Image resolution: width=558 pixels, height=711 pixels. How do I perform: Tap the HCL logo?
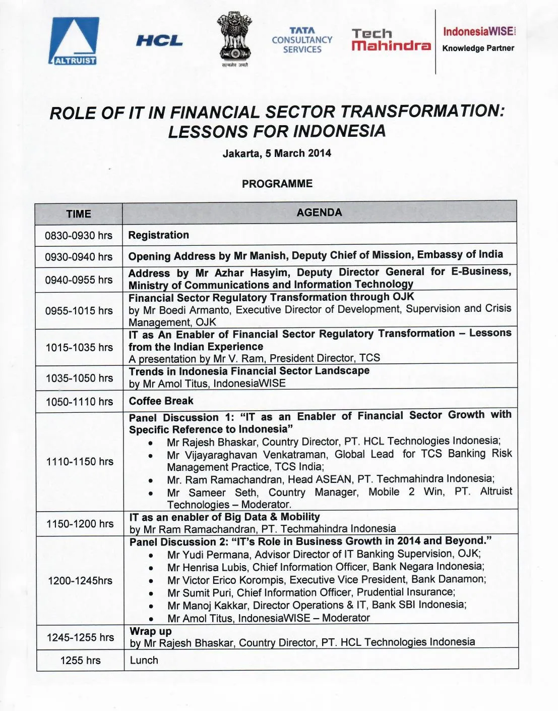point(159,41)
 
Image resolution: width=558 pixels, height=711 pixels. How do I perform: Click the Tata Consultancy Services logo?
point(302,40)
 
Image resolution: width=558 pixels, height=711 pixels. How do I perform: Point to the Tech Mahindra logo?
point(391,40)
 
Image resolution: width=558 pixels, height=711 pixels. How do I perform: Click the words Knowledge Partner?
point(478,48)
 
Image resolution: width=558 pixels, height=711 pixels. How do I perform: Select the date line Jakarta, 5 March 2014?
point(277,153)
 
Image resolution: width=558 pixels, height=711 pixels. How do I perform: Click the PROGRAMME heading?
point(277,184)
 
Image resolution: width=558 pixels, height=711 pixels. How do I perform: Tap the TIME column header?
point(79,214)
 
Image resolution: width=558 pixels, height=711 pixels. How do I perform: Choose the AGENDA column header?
point(319,212)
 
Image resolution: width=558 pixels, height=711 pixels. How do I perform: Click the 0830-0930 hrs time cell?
point(79,236)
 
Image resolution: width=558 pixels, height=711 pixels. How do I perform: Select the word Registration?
point(159,235)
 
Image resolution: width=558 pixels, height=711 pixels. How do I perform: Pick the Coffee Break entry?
point(161,401)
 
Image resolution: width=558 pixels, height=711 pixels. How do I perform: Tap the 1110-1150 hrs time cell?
point(80,461)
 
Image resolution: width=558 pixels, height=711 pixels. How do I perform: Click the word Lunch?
point(144,660)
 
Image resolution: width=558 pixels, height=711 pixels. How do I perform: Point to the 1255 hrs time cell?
point(80,660)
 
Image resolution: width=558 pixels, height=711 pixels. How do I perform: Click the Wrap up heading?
point(151,631)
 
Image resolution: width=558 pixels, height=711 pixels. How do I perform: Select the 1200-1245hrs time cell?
point(80,580)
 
